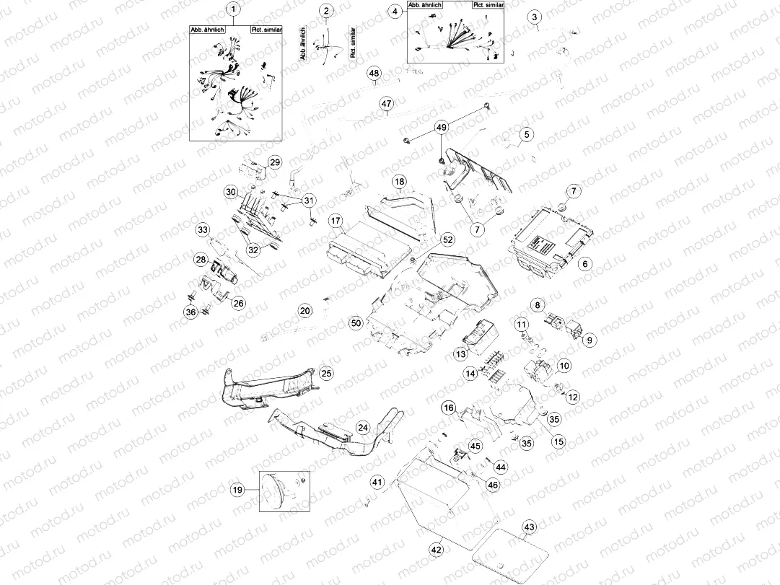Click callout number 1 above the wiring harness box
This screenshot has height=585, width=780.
pos(232,9)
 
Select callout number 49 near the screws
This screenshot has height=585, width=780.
pos(441,128)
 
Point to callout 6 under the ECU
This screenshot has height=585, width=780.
pos(585,264)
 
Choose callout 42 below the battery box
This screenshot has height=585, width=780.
pos(437,550)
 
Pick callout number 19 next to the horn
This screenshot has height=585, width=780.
pos(237,490)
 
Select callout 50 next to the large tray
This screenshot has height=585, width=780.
pos(355,324)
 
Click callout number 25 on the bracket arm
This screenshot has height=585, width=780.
pos(326,374)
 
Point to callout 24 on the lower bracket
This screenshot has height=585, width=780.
pos(364,428)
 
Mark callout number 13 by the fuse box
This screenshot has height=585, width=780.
pos(460,354)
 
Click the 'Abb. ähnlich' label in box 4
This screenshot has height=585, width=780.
pos(425,5)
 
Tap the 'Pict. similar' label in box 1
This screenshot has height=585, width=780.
pos(266,30)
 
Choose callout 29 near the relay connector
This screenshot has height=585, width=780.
pos(273,162)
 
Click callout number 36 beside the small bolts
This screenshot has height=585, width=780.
pos(190,312)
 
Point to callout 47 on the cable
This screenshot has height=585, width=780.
pos(386,105)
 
